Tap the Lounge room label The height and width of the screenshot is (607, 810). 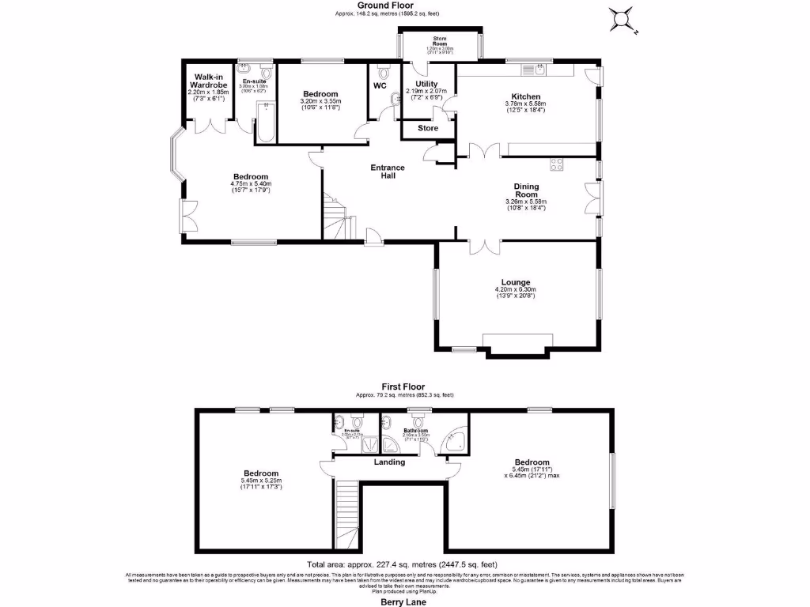pos(515,282)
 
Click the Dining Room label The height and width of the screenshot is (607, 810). pos(526,190)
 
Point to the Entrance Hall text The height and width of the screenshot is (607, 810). pos(388,172)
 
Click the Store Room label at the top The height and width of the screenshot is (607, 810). pos(440,41)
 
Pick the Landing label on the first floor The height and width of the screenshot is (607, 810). pos(388,462)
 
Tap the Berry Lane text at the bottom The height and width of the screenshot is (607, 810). pos(404,601)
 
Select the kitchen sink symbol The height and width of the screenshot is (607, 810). pos(540,70)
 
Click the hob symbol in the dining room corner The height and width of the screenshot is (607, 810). pos(556,165)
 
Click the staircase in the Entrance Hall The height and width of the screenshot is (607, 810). pos(335,216)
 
